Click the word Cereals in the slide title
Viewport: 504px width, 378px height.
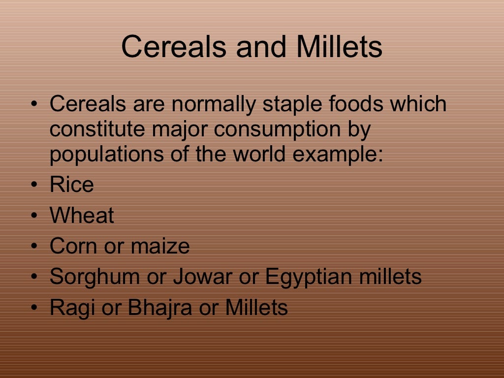click(173, 47)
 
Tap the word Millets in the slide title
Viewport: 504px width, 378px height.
click(339, 47)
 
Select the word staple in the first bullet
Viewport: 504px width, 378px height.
click(287, 104)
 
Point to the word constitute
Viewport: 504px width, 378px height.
click(91, 130)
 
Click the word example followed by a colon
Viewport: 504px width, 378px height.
click(338, 155)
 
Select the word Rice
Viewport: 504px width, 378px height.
click(71, 185)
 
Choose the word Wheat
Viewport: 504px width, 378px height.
click(82, 216)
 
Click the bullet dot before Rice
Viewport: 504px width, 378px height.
click(33, 186)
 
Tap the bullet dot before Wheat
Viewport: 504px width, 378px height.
click(33, 216)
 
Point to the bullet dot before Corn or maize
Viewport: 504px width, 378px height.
click(33, 247)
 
